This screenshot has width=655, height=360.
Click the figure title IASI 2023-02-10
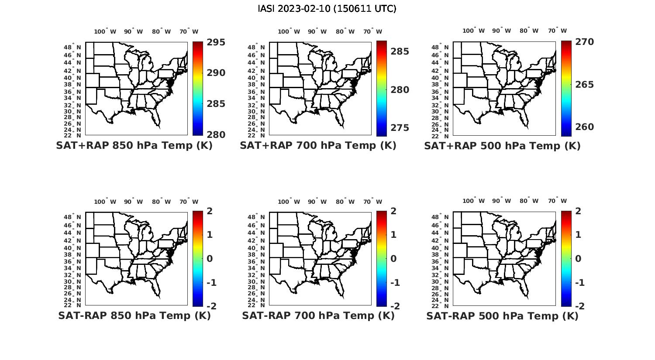pyautogui.click(x=327, y=9)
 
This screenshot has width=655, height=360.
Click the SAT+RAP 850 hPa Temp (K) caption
pyautogui.click(x=134, y=146)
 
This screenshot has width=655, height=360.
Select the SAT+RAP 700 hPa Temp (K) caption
pyautogui.click(x=318, y=146)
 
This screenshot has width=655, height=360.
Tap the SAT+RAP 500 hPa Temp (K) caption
pyautogui.click(x=502, y=146)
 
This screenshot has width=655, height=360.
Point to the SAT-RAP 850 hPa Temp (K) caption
pyautogui.click(x=134, y=315)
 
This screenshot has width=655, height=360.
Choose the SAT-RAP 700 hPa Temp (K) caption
pyautogui.click(x=318, y=315)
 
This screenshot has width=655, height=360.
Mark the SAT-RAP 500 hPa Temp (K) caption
pyautogui.click(x=502, y=316)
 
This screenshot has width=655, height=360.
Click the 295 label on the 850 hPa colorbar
pyautogui.click(x=216, y=42)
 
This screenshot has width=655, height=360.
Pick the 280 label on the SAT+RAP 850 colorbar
pyautogui.click(x=216, y=135)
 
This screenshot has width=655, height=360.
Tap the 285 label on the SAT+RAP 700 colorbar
pyautogui.click(x=400, y=51)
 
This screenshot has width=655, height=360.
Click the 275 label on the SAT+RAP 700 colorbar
pyautogui.click(x=400, y=128)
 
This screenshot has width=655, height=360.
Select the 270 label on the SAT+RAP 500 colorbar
pyautogui.click(x=585, y=42)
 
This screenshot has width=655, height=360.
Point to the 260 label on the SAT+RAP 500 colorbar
pyautogui.click(x=585, y=127)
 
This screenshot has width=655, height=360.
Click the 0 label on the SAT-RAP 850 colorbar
pyautogui.click(x=210, y=258)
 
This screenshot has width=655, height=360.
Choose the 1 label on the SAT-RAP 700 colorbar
pyautogui.click(x=393, y=235)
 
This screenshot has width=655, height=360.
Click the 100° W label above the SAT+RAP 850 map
pyautogui.click(x=105, y=31)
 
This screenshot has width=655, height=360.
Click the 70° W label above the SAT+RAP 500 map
pyautogui.click(x=558, y=31)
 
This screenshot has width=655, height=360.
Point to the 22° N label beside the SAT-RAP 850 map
pyautogui.click(x=72, y=305)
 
